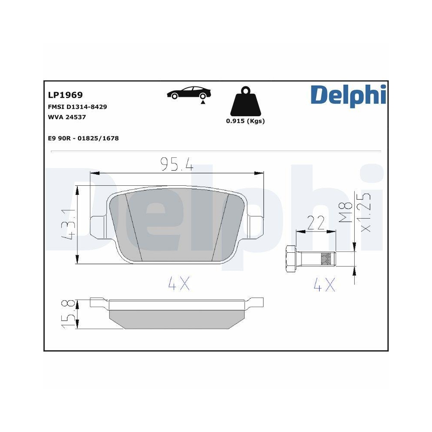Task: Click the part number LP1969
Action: [65, 95]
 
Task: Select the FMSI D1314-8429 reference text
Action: [77, 106]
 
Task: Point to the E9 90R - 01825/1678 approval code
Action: [83, 138]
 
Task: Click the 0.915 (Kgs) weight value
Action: [245, 121]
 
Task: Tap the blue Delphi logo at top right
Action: [347, 95]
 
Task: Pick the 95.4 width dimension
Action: [176, 164]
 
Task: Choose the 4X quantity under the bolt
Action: [324, 284]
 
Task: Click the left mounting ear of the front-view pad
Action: [97, 225]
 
